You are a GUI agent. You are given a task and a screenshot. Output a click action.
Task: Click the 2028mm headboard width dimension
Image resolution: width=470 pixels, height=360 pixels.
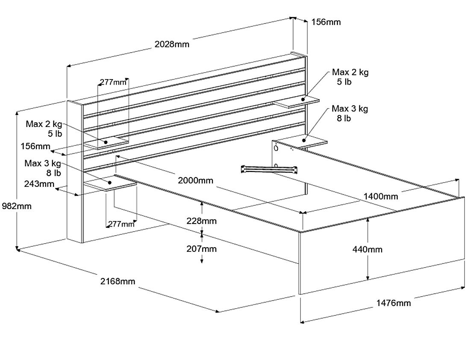point(172,44)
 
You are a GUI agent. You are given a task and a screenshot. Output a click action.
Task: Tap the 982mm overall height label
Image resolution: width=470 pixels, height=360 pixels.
point(17,206)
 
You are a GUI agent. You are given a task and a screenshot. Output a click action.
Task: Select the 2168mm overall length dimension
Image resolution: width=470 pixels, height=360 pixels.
point(117,281)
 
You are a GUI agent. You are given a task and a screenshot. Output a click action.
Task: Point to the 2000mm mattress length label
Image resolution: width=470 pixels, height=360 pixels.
point(195,180)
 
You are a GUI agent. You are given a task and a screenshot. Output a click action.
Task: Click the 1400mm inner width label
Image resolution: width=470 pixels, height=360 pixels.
point(381,196)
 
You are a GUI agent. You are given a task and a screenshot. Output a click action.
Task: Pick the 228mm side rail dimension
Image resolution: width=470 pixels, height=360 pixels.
point(201,221)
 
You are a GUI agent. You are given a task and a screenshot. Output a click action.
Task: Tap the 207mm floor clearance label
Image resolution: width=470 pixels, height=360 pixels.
point(201,249)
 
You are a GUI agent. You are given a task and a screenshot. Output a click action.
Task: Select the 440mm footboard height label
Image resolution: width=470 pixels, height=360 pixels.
point(367,249)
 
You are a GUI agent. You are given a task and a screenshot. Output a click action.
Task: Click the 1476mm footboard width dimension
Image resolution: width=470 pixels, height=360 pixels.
point(394,303)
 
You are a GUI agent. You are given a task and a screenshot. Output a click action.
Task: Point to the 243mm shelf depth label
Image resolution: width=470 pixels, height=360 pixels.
point(39,183)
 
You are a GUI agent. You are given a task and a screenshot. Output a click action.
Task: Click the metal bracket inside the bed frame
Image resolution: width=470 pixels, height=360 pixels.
point(269,169)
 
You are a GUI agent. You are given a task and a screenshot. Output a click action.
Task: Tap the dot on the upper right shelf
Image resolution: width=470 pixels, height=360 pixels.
point(303,99)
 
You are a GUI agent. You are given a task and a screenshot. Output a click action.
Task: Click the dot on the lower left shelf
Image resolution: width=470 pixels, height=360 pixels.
point(110,183)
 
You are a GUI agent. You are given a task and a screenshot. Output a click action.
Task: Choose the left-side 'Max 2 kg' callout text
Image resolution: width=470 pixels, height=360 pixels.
point(44,124)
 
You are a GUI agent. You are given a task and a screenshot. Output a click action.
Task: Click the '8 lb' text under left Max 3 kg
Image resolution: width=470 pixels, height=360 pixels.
point(54,173)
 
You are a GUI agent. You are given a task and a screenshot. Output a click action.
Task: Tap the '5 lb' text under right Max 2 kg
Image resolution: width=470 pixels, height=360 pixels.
point(344,82)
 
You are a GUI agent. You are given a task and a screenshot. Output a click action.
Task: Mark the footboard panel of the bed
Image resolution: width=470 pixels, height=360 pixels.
point(382,246)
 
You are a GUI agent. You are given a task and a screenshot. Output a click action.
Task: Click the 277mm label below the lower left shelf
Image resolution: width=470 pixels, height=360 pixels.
point(121,224)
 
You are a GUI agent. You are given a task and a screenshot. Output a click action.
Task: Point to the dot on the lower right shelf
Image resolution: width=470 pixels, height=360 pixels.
point(304,140)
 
